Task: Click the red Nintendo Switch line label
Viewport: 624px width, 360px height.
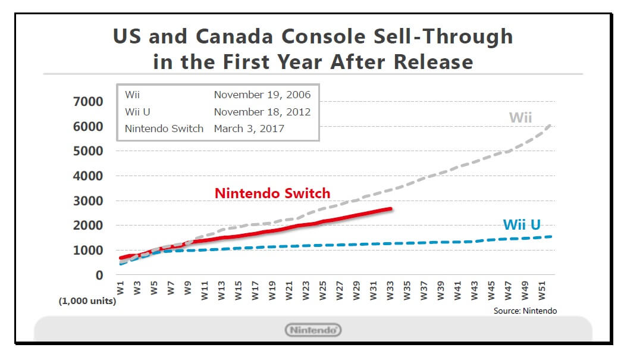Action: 272,193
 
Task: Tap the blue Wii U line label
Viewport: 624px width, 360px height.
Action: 522,224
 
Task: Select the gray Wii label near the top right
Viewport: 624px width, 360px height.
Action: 520,117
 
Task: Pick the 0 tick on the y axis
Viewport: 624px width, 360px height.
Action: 99,276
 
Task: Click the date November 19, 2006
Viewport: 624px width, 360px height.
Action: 262,95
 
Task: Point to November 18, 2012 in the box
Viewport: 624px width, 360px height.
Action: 262,111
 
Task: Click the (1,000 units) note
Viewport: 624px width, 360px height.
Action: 87,301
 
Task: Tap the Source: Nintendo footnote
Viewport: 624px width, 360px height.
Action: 525,311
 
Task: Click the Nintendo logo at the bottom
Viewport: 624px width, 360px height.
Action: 313,330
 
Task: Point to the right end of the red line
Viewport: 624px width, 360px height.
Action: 390,209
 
